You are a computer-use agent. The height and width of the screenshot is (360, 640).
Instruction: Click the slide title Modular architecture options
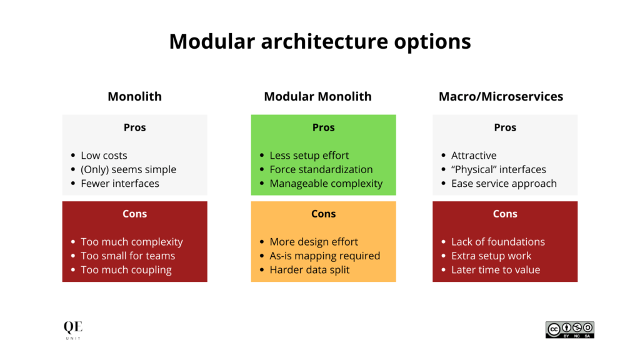point(319,41)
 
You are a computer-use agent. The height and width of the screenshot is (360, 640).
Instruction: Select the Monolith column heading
point(134,96)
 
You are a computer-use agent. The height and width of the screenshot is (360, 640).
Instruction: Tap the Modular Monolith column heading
point(317,96)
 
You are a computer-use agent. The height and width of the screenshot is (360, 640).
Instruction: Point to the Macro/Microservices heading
point(501,96)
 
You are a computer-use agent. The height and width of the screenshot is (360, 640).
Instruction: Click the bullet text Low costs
point(104,156)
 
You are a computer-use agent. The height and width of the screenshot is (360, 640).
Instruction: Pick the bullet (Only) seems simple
point(128,169)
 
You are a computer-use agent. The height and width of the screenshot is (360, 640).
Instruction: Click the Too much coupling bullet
point(126,270)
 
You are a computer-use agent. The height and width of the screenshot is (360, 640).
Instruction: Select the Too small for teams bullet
point(127,256)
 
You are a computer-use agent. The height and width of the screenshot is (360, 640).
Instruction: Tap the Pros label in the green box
point(323,127)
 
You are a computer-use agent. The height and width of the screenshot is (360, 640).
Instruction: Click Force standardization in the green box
point(321,169)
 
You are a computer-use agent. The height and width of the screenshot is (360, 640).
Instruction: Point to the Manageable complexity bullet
point(326,184)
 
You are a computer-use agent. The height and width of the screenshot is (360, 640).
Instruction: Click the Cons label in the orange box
point(323,214)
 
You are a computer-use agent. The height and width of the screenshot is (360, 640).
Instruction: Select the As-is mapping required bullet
point(324,256)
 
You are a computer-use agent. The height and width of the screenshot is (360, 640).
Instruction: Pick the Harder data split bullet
point(309,270)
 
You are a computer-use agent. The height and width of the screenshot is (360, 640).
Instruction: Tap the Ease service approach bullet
point(504,184)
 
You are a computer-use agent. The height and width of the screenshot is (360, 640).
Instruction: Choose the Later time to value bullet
point(496,270)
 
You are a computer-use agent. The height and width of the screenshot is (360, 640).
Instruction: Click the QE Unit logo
point(72,330)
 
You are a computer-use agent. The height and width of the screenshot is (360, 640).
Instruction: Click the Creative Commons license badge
point(569,330)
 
